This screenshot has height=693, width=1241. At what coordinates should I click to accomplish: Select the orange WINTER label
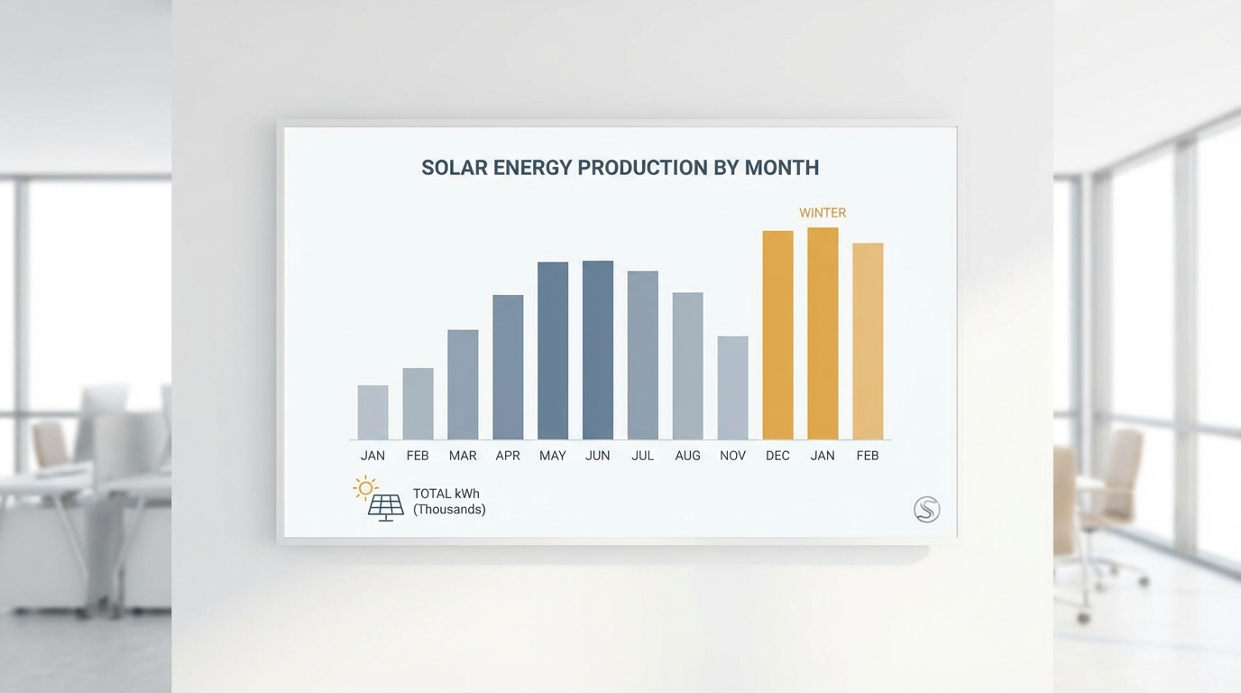click(823, 213)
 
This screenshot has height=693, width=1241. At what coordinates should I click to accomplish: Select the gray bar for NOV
click(732, 388)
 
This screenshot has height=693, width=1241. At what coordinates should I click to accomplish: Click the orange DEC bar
click(777, 336)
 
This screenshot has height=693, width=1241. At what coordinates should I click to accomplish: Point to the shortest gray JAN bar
click(372, 412)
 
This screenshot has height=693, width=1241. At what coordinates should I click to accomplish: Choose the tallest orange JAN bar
click(823, 334)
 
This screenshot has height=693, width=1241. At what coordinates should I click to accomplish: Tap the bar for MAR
click(463, 384)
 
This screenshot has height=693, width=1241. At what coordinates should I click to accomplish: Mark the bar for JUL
click(643, 356)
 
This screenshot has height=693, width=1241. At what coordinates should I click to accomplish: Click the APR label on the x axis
click(508, 456)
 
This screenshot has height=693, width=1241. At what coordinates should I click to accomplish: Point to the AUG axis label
click(687, 456)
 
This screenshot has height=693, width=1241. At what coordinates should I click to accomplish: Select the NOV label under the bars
click(732, 456)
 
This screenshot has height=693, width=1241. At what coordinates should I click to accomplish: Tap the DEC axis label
click(777, 456)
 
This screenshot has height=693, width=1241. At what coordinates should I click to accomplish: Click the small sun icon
click(365, 488)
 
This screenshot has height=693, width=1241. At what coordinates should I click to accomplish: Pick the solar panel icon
click(386, 507)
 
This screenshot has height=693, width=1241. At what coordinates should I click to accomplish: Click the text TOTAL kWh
click(446, 494)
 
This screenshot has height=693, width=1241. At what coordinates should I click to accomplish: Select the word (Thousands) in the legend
click(449, 510)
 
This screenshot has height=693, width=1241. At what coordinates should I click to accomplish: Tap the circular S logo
click(926, 510)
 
